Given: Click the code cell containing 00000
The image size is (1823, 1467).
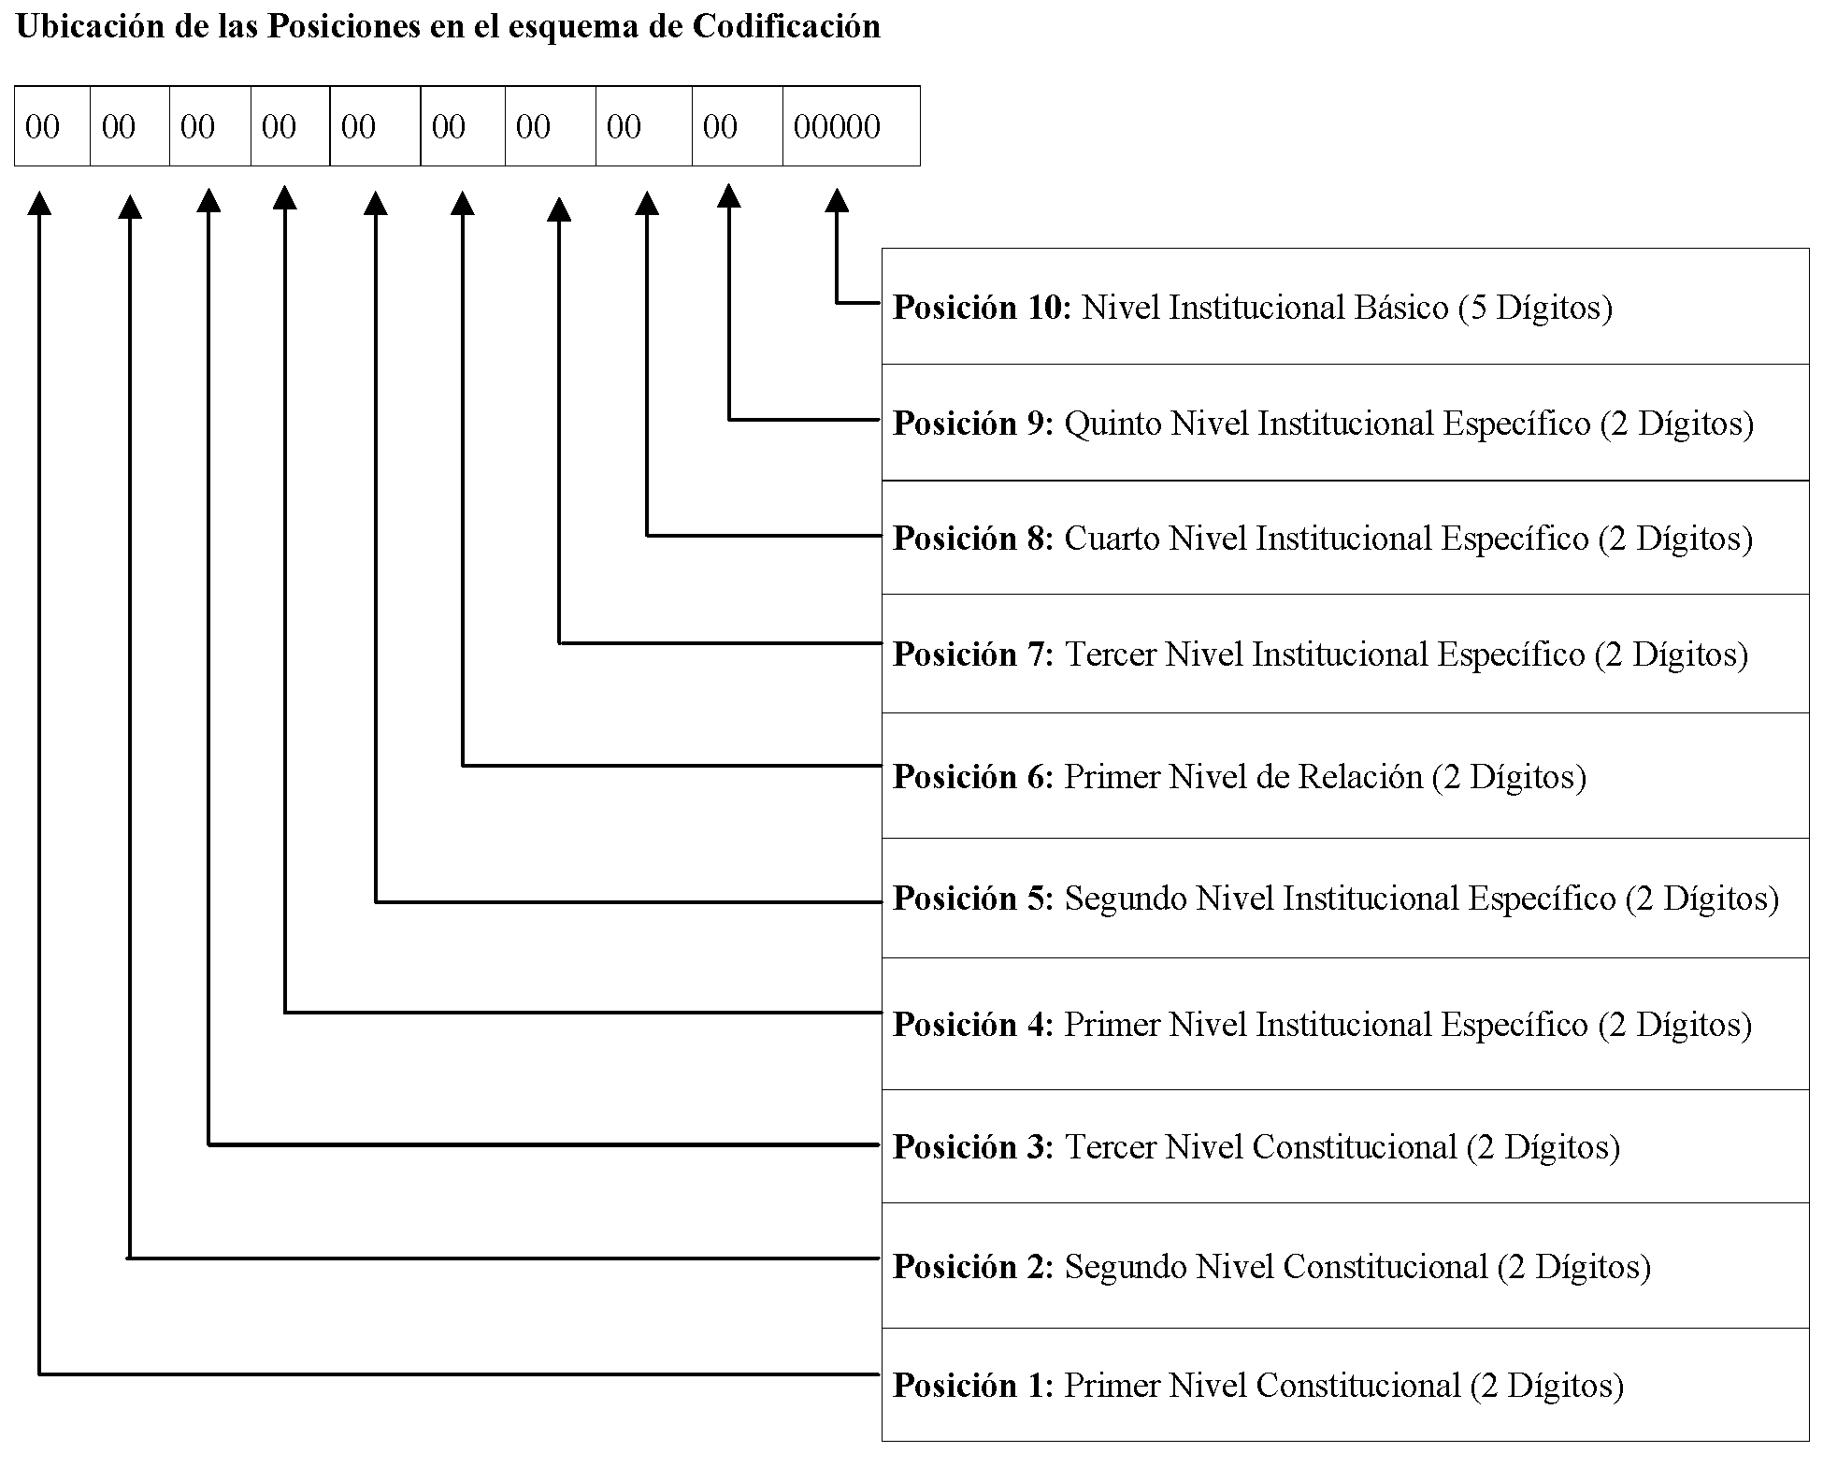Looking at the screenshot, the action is pyautogui.click(x=852, y=126).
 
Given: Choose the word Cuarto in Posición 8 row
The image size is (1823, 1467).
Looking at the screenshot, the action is pyautogui.click(x=1112, y=539).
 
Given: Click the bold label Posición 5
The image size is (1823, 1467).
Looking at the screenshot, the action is pyautogui.click(x=973, y=899).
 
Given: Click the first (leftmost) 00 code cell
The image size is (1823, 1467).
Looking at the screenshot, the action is pyautogui.click(x=52, y=126).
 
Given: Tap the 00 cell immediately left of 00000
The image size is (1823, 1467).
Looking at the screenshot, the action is pyautogui.click(x=738, y=126).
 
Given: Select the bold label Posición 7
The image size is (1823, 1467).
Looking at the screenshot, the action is pyautogui.click(x=973, y=654).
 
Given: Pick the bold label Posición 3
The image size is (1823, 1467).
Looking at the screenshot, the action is pyautogui.click(x=973, y=1147).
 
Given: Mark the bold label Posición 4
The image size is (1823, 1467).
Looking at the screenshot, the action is pyautogui.click(x=973, y=1025).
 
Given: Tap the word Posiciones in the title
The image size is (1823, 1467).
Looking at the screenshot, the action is pyautogui.click(x=344, y=26).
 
